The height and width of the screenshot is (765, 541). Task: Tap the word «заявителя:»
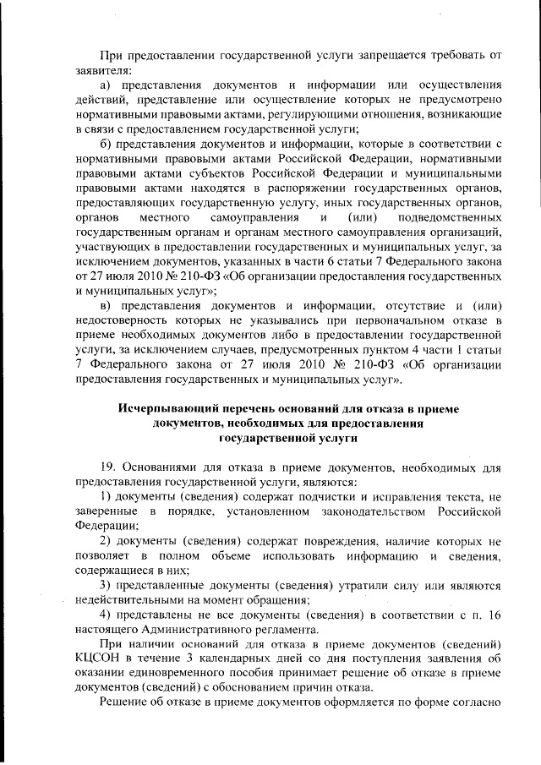tap(102, 71)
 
